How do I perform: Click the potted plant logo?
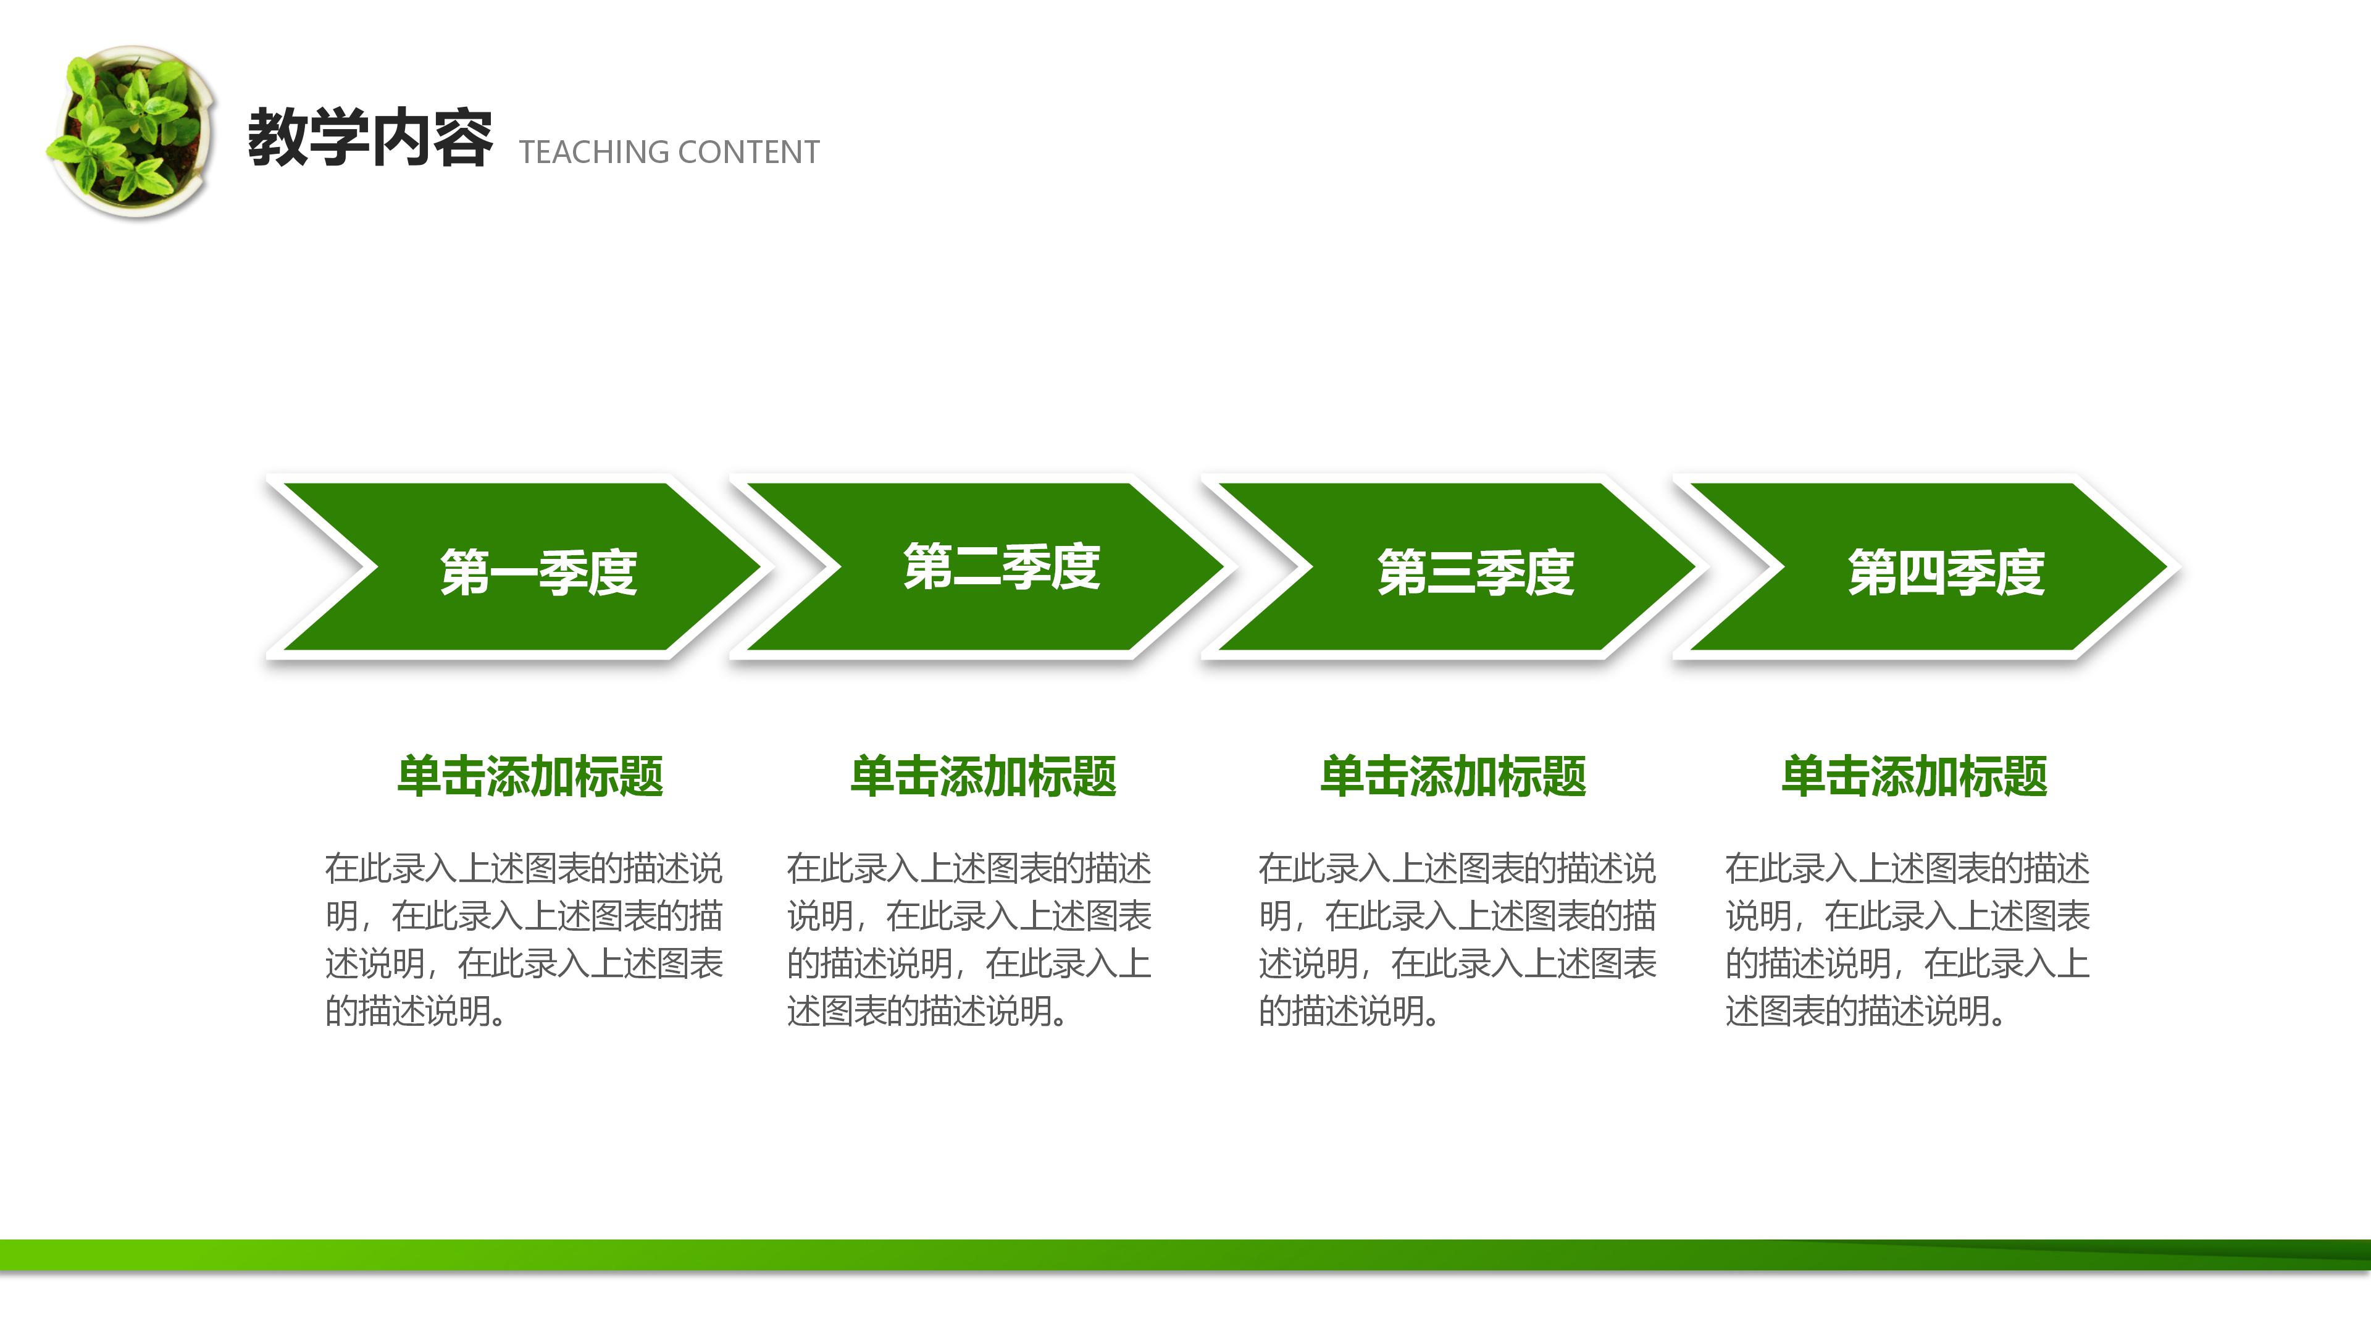[x=132, y=132]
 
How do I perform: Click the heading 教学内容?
[x=369, y=138]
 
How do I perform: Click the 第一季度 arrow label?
[x=538, y=572]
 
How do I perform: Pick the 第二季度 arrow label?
[x=1002, y=566]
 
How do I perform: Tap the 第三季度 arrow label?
[x=1476, y=572]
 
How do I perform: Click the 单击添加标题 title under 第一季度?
[x=530, y=776]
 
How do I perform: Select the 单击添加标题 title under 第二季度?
[x=983, y=776]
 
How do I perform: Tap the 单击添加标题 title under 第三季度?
[x=1453, y=776]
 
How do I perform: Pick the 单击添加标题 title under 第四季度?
[x=1915, y=776]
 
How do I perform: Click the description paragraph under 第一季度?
[x=524, y=939]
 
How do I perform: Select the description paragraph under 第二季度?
[x=968, y=939]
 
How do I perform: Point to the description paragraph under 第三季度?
[x=1457, y=939]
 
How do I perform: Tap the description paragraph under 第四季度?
[x=1907, y=939]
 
